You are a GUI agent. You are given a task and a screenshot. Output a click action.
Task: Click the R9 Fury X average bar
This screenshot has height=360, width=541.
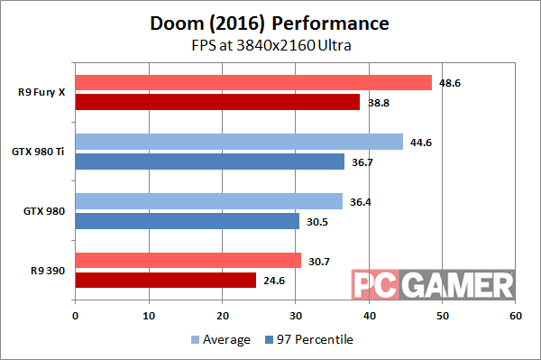pyautogui.click(x=253, y=83)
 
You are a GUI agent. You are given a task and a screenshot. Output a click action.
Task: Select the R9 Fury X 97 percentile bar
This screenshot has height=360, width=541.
pyautogui.click(x=217, y=102)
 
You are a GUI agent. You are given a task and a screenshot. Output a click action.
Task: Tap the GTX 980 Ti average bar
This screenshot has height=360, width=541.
pyautogui.click(x=239, y=142)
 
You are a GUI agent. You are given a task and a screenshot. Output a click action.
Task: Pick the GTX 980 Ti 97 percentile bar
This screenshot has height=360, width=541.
pyautogui.click(x=210, y=162)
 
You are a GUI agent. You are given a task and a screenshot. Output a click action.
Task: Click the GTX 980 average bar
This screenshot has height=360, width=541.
pyautogui.click(x=208, y=201)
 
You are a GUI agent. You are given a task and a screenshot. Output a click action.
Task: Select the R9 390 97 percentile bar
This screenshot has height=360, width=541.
pyautogui.click(x=165, y=280)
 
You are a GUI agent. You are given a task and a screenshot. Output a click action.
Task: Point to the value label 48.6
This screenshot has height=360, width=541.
pyautogui.click(x=448, y=81)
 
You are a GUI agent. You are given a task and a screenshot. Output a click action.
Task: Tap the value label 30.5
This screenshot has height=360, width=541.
pyautogui.click(x=316, y=220)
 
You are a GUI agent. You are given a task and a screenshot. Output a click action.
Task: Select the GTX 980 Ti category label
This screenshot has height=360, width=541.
pyautogui.click(x=40, y=152)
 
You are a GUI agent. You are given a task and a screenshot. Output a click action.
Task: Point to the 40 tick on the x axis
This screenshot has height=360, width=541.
pyautogui.click(x=368, y=316)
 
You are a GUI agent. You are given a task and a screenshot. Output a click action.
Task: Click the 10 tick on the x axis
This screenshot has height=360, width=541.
pyautogui.click(x=148, y=316)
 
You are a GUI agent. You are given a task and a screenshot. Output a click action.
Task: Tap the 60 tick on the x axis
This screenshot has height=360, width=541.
pyautogui.click(x=515, y=316)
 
